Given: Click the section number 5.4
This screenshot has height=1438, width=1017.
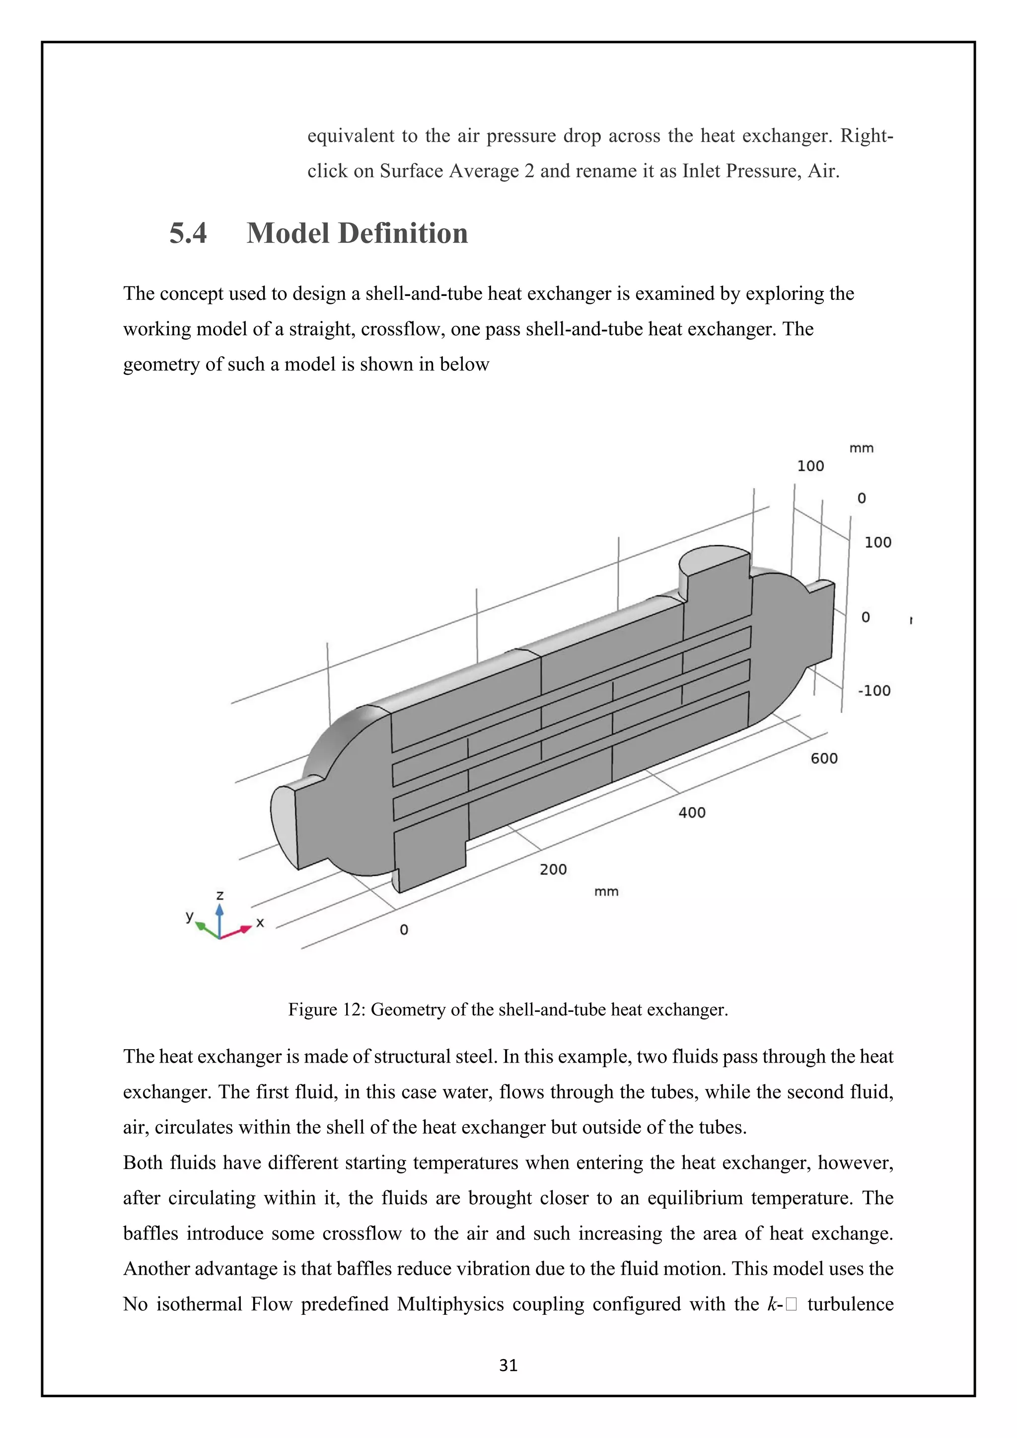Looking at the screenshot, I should click(188, 233).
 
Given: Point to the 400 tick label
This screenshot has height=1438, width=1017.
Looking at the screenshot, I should click(691, 812).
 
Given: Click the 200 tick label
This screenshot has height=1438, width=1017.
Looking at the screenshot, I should click(553, 869).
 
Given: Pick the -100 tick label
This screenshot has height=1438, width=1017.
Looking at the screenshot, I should click(873, 691).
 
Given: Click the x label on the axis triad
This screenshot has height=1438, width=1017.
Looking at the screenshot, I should click(260, 923).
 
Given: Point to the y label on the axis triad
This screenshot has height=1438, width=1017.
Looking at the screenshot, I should click(189, 916).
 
